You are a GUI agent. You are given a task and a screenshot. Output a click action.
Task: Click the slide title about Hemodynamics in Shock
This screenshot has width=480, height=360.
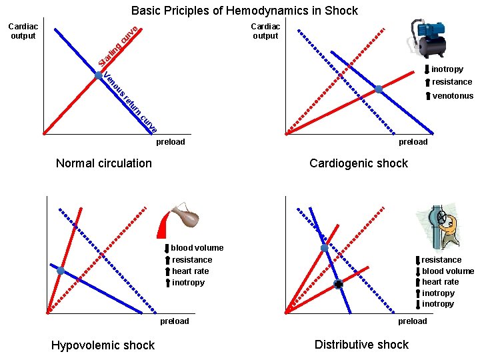244,11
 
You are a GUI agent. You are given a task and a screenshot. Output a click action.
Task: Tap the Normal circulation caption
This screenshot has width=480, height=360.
104,163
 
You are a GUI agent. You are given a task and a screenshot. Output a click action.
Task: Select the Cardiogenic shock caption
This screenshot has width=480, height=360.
359,163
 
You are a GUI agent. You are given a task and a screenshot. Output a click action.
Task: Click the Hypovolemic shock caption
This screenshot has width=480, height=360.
103,345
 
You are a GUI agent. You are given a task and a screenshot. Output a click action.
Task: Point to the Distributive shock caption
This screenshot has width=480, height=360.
361,344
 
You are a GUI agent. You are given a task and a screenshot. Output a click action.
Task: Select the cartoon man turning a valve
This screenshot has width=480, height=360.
440,226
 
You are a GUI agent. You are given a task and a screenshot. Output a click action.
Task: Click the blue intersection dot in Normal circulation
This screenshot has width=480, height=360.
98,75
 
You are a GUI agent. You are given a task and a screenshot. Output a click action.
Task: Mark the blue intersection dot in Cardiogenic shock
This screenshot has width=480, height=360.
378,89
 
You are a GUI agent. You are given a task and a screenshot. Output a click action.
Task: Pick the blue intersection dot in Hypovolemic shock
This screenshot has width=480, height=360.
61,271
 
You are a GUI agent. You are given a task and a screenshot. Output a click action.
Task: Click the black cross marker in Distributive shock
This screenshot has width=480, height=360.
339,285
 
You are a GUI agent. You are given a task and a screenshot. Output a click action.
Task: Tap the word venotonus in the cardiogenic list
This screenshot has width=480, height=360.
453,96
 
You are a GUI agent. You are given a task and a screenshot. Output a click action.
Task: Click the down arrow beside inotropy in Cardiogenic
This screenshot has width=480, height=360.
426,69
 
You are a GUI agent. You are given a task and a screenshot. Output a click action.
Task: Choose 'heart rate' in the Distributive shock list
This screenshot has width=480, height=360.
441,282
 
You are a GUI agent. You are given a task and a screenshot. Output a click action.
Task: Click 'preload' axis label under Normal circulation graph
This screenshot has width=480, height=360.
171,142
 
